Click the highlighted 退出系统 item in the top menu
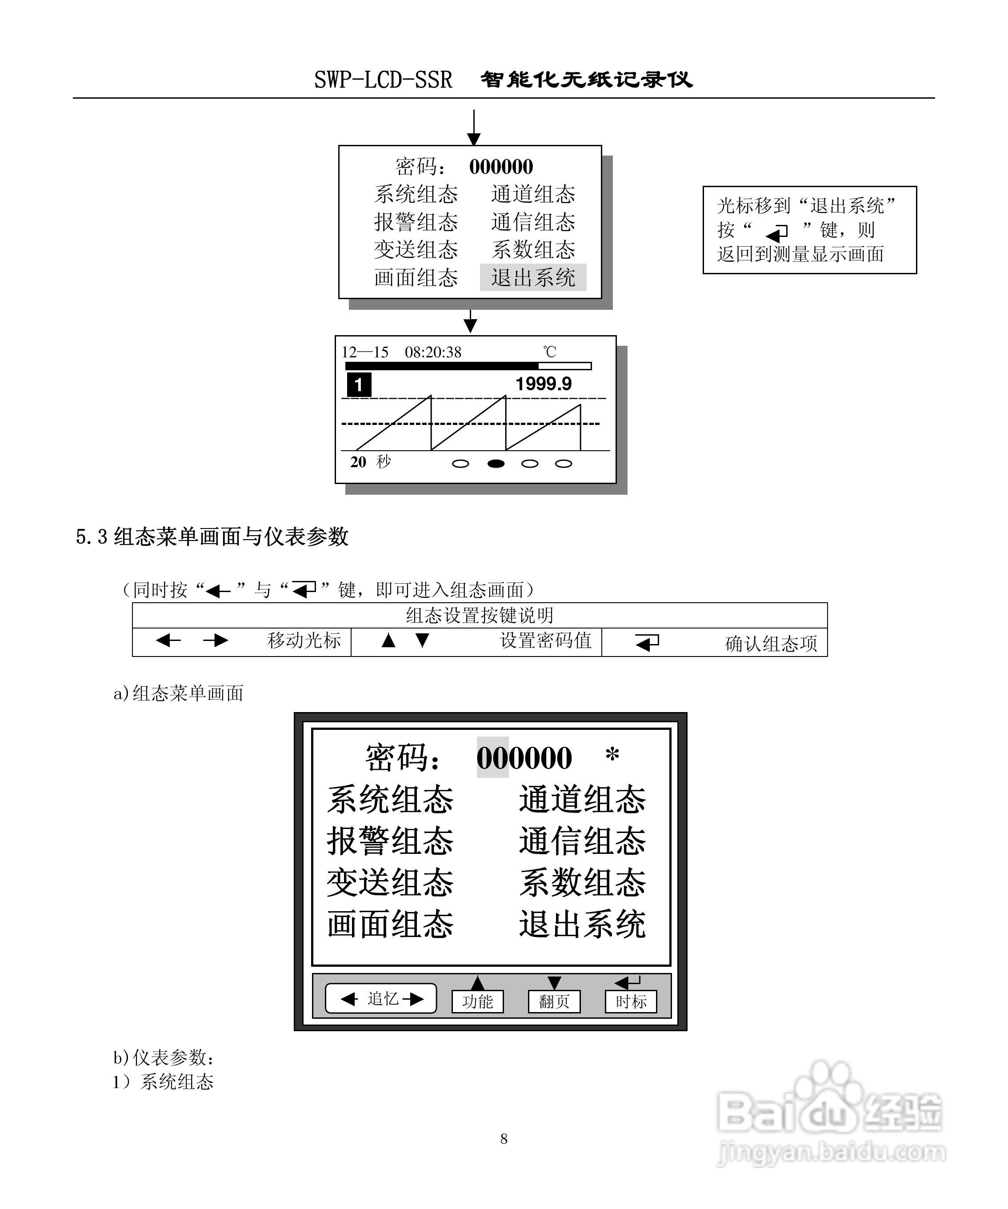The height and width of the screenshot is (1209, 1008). coord(532,277)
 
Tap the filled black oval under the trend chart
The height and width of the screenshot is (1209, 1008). coord(496,464)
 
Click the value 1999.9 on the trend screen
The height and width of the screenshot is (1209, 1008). coord(543,384)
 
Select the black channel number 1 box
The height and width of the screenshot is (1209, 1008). coord(359,384)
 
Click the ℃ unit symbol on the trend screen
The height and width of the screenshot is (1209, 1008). coord(550,352)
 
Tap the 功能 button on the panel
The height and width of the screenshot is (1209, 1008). coord(477,1001)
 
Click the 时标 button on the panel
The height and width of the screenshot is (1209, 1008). coord(630,1001)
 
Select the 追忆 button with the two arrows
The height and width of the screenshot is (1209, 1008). coord(381,998)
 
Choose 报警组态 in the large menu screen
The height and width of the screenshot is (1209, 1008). coord(390,841)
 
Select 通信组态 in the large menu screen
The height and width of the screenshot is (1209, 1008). coord(582,841)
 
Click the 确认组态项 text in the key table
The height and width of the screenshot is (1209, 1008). coord(771,644)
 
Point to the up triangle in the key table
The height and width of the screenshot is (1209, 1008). coord(388,640)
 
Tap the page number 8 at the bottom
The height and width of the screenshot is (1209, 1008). coord(504,1139)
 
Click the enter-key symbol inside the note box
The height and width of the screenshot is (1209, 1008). coord(777,232)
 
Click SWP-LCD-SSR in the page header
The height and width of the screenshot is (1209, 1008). coord(383,80)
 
